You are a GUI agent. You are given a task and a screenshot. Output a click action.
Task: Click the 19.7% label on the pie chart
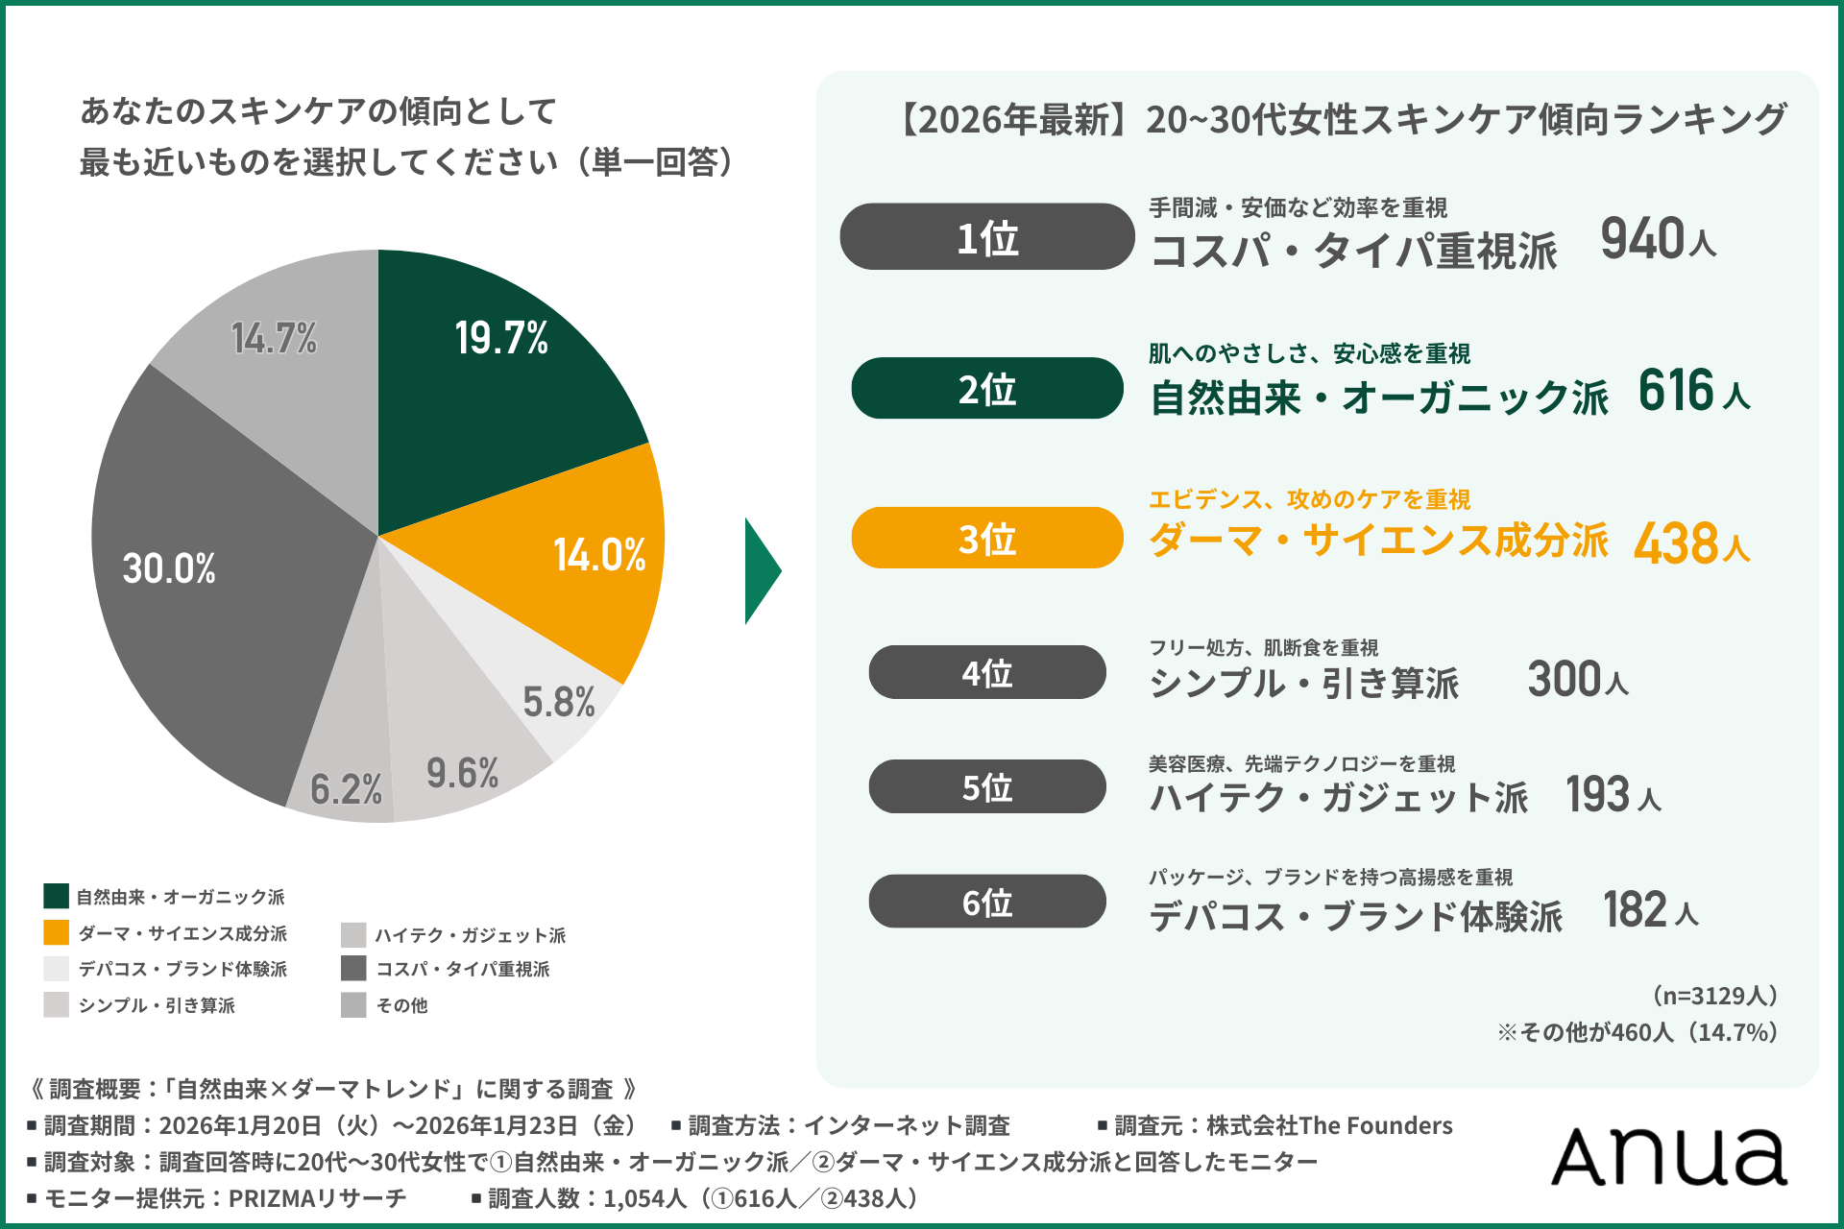pyautogui.click(x=501, y=338)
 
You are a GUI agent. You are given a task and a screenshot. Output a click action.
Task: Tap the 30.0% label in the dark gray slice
pyautogui.click(x=169, y=568)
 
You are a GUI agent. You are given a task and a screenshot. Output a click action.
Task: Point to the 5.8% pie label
pyautogui.click(x=558, y=702)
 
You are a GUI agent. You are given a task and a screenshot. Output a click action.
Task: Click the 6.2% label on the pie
pyautogui.click(x=346, y=789)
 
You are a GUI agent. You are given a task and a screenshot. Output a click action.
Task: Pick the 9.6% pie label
pyautogui.click(x=462, y=773)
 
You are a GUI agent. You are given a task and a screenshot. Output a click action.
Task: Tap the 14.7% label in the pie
pyautogui.click(x=274, y=338)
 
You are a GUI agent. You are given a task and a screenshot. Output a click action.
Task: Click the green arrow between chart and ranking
pyautogui.click(x=762, y=571)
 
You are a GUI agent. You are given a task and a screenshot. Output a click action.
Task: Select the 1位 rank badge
pyautogui.click(x=986, y=237)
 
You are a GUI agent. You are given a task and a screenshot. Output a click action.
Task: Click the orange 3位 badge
pyautogui.click(x=986, y=539)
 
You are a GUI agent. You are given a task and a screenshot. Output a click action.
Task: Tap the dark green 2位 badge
pyautogui.click(x=986, y=389)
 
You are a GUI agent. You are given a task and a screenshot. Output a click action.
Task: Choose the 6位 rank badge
pyautogui.click(x=986, y=902)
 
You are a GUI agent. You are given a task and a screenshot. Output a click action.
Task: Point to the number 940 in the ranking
pyautogui.click(x=1642, y=239)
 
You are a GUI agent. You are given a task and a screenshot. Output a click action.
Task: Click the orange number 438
pyautogui.click(x=1676, y=543)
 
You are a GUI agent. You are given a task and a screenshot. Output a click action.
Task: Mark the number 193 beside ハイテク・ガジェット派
pyautogui.click(x=1598, y=794)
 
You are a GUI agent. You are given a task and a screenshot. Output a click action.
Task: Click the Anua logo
pyautogui.click(x=1669, y=1156)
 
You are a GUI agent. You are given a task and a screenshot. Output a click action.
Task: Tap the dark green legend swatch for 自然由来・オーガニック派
pyautogui.click(x=56, y=896)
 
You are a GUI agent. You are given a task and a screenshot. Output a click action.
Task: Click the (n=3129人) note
pyautogui.click(x=1714, y=995)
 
